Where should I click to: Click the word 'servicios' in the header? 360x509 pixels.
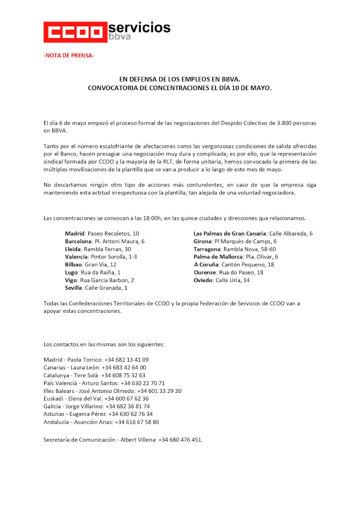tap(139, 27)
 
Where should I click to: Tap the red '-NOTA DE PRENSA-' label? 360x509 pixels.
tap(69, 56)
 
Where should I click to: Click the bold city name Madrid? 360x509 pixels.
tap(75, 234)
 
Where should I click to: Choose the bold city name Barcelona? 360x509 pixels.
tap(78, 241)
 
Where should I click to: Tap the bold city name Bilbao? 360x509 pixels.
tap(73, 264)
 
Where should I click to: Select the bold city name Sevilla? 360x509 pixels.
tap(74, 288)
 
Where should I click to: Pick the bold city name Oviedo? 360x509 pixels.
tap(203, 280)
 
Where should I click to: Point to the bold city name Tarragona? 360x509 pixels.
tap(207, 249)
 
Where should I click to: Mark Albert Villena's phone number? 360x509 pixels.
tap(180, 439)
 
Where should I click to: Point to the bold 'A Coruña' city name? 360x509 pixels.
tap(206, 264)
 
